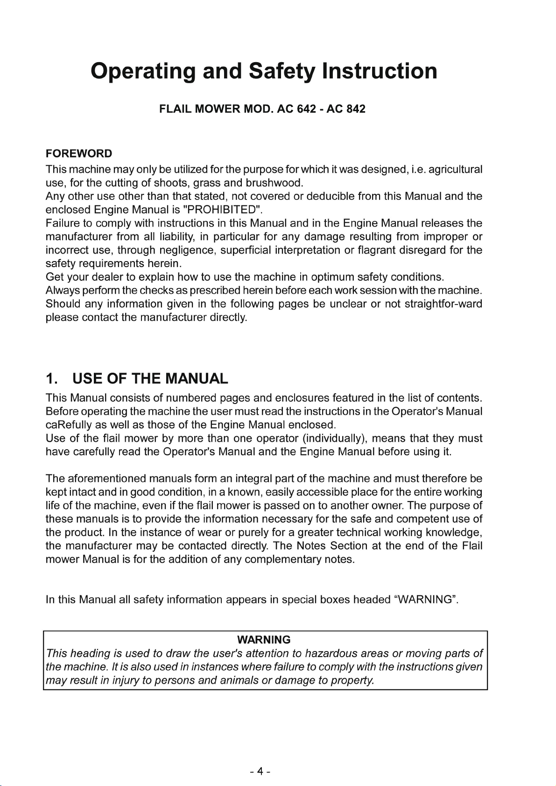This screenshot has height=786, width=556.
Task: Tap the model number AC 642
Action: pos(296,109)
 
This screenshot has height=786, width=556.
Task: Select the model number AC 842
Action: pos(346,109)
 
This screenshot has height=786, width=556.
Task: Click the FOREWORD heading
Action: pos(79,154)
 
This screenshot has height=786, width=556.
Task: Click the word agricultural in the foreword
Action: pos(455,169)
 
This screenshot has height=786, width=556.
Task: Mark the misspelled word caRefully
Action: pos(68,425)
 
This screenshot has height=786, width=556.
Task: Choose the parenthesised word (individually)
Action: pos(333,439)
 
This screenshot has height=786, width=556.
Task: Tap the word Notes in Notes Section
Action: pos(311,546)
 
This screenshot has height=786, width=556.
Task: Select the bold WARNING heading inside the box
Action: pos(264,640)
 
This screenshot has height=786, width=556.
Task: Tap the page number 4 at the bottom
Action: pos(260,771)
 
